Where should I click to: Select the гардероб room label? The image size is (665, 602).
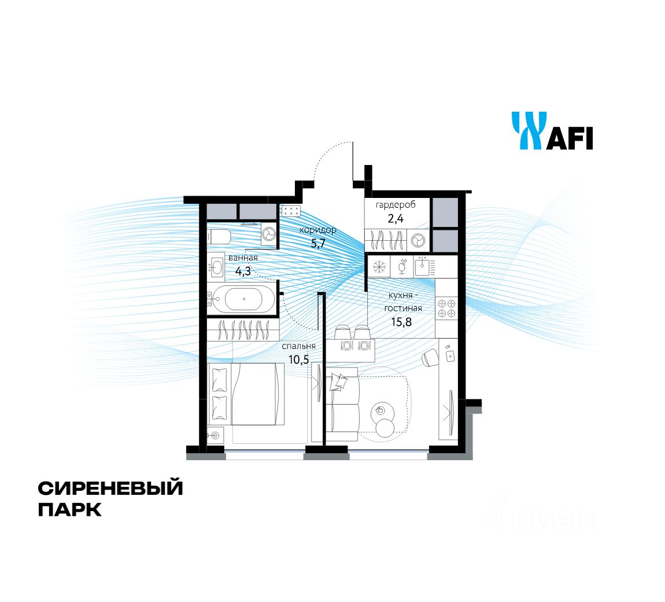point(395,205)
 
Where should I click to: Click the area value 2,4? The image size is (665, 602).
point(395,219)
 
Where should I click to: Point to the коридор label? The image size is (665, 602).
point(317,230)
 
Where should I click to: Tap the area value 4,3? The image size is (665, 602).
point(243,270)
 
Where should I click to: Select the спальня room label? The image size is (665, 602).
point(298,346)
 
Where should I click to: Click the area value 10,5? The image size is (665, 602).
point(299,359)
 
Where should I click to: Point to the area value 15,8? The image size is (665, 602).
point(401,321)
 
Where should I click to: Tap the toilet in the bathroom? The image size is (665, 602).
point(220,237)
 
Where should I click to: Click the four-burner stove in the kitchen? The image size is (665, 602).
point(446,308)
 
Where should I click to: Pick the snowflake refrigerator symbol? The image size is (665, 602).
point(379,267)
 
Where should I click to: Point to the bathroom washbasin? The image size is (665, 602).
point(217,267)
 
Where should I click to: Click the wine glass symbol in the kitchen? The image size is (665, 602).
point(402,267)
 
